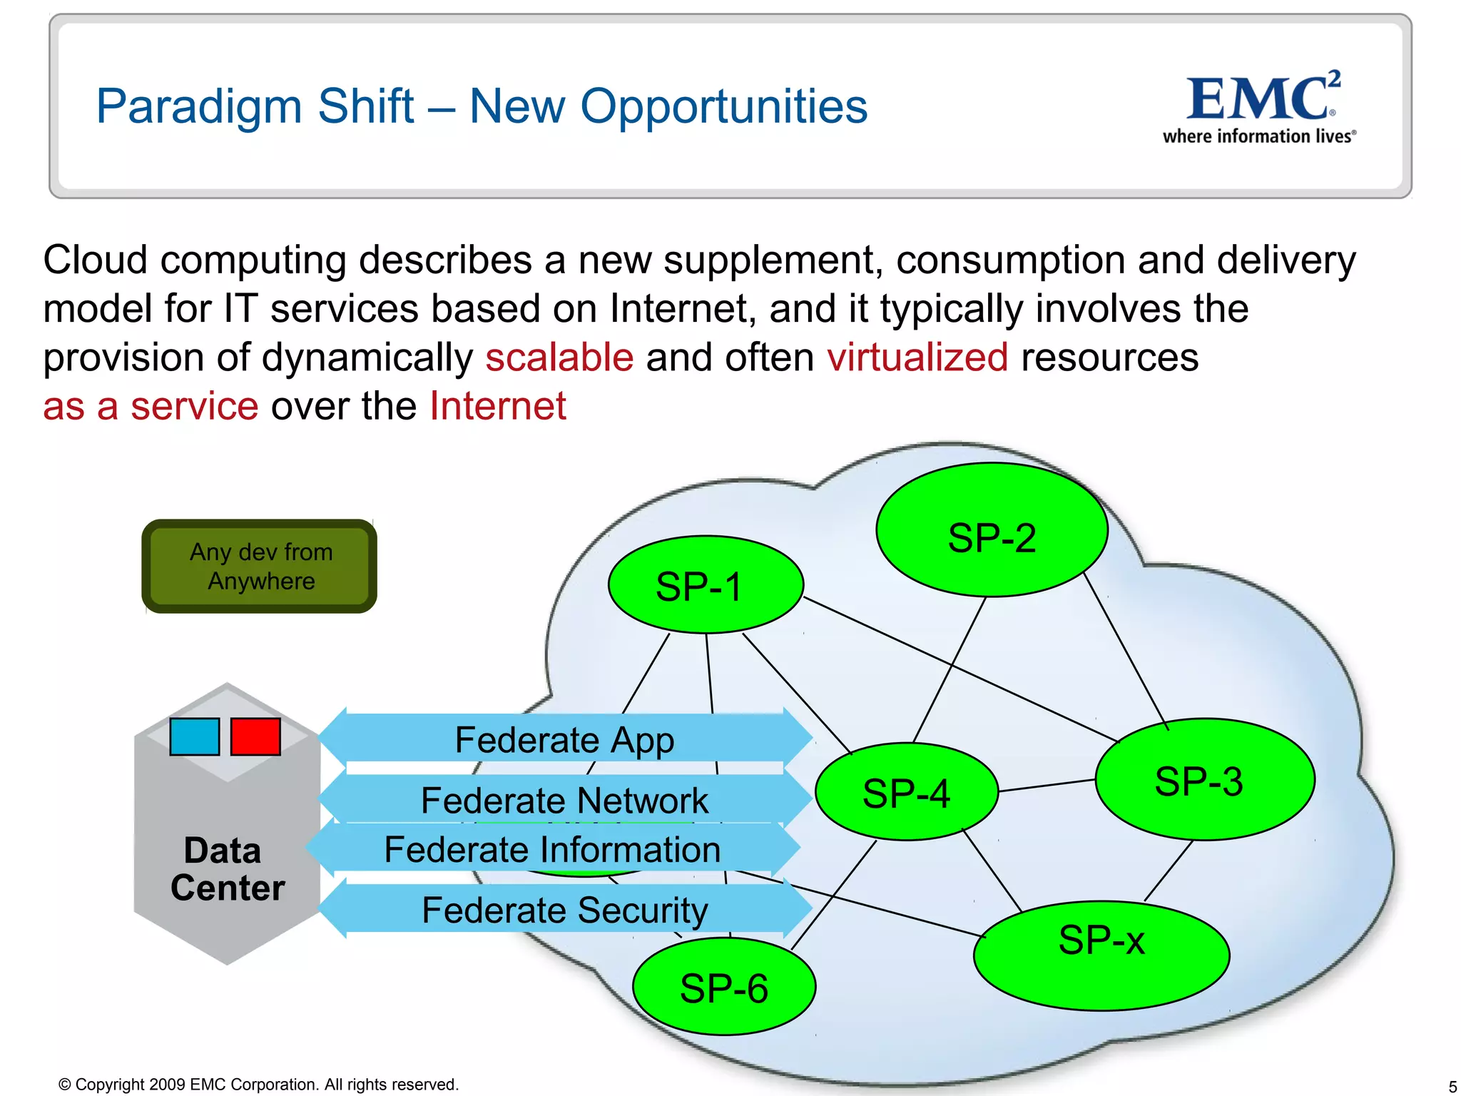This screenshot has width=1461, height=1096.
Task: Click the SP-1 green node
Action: coord(706,585)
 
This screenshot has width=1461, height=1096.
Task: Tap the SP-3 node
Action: coord(1204,779)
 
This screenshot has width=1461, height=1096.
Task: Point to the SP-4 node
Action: coord(906,792)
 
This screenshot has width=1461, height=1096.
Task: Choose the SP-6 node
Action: coord(723,988)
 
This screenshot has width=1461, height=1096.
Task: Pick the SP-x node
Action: coord(1101,956)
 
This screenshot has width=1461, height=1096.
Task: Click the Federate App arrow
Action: coord(564,739)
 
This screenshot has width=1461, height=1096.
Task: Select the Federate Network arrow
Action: coord(564,800)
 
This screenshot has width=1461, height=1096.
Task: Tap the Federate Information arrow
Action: coord(552,849)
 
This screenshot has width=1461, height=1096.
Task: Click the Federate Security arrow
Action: coord(564,910)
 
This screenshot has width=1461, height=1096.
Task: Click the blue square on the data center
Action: coord(194,736)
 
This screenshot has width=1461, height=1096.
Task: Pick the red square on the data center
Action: coord(255,736)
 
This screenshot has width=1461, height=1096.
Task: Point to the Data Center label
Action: coord(227,869)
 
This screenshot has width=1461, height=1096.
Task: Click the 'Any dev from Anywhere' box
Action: coord(260,567)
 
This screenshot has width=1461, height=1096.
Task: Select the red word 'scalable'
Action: coord(559,357)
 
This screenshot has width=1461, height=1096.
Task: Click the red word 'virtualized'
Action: coord(917,357)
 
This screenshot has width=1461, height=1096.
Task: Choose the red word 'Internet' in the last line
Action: coord(498,406)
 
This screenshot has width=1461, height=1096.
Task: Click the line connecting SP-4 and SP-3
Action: coord(1047,786)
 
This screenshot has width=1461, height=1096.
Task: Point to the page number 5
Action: coord(1452,1087)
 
